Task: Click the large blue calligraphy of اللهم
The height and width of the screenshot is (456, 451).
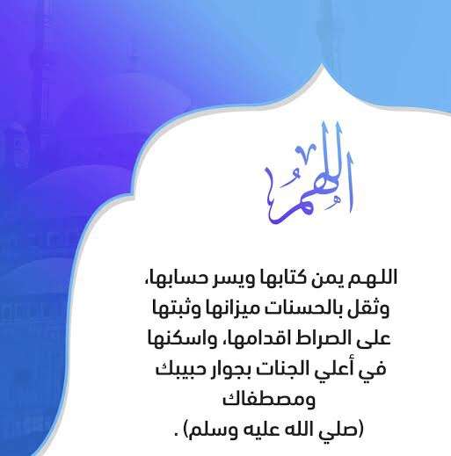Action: tap(309, 173)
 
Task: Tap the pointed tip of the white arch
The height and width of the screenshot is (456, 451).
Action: tap(322, 65)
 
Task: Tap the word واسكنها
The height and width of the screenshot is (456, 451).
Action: tap(178, 338)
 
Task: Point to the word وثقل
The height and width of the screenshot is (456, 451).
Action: tap(368, 308)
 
